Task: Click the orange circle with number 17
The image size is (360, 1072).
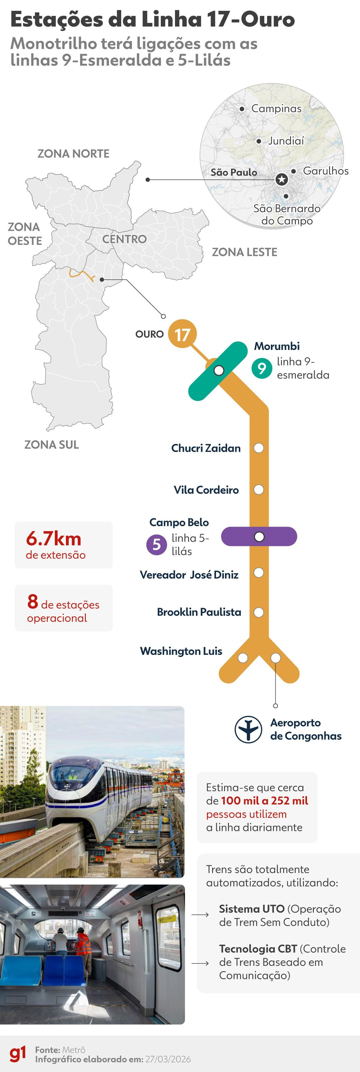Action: (182, 334)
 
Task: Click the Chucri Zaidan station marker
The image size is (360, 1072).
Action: (259, 448)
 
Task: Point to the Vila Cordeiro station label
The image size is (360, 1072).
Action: (206, 490)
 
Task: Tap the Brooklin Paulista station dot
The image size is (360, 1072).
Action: (259, 612)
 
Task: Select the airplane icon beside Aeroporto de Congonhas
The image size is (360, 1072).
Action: (248, 729)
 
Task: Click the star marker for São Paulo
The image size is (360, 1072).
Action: (282, 179)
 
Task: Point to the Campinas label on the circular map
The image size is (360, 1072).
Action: (276, 109)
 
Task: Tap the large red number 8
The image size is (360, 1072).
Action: (32, 601)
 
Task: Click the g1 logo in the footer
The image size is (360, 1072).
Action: (17, 1054)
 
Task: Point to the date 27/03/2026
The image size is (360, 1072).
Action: (168, 1059)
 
